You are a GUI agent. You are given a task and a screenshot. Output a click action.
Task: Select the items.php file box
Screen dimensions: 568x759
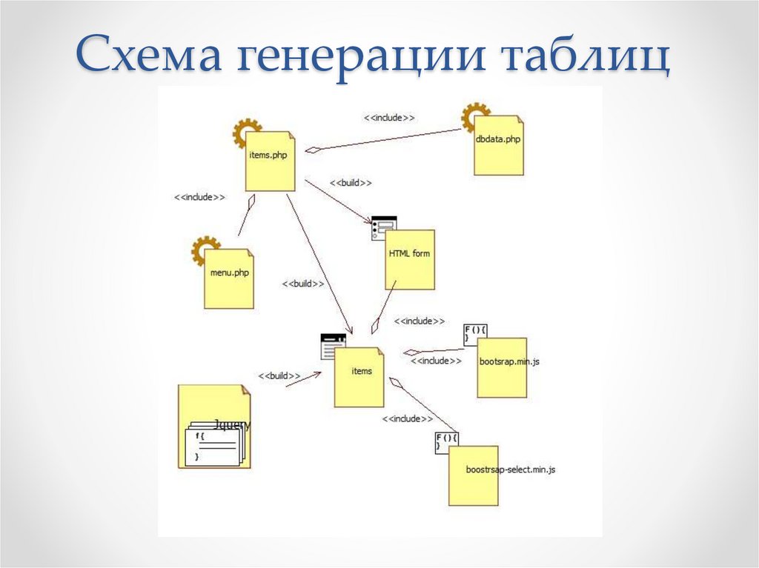coord(271,161)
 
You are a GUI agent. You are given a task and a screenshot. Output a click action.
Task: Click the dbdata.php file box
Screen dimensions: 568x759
coord(499,146)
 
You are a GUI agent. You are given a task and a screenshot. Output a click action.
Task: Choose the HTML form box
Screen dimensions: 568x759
coord(409,259)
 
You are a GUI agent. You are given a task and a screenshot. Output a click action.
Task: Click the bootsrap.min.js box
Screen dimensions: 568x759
coord(502,368)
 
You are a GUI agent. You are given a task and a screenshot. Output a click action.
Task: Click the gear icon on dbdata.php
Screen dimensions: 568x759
coord(474,118)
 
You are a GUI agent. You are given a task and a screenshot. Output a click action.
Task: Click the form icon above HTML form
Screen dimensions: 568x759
coord(384,228)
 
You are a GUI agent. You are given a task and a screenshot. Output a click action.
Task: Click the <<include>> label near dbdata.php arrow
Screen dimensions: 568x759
coord(388,118)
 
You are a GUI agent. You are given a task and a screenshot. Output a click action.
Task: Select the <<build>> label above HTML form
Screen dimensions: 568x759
coord(351,183)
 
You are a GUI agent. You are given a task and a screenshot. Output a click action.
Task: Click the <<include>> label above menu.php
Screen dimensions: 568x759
coord(199,198)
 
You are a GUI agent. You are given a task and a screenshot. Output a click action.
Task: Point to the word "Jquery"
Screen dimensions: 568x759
coord(232,425)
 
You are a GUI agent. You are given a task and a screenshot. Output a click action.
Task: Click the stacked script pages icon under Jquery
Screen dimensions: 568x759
coord(213,444)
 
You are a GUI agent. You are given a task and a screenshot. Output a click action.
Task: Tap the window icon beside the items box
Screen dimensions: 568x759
coord(333,346)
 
